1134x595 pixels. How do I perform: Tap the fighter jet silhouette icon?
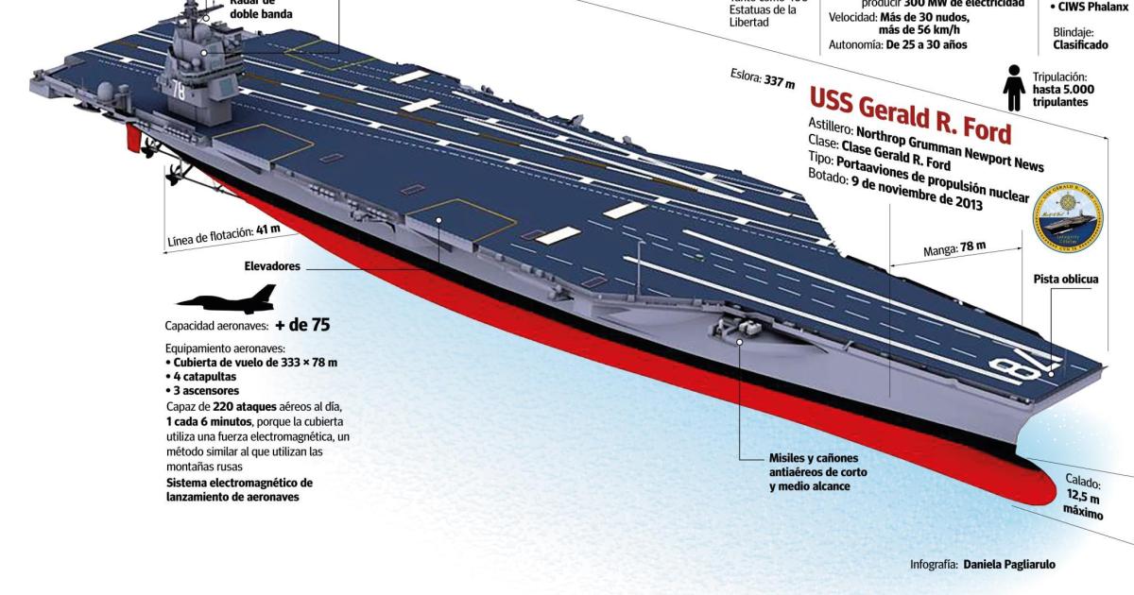pos(226,299)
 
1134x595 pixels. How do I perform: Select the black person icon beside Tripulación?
pos(1014,88)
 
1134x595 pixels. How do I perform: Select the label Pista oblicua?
pos(1066,280)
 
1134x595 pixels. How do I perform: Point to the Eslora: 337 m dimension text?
pos(762,78)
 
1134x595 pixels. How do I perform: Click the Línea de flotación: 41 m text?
pos(223,233)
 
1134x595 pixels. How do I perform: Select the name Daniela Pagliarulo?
pos(1009,565)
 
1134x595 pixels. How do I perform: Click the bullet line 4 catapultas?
pos(203,376)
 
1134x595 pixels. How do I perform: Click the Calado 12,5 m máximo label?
pos(1082,498)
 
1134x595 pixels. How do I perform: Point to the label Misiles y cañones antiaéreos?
pos(818,471)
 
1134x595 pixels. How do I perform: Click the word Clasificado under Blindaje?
pos(1080,44)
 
